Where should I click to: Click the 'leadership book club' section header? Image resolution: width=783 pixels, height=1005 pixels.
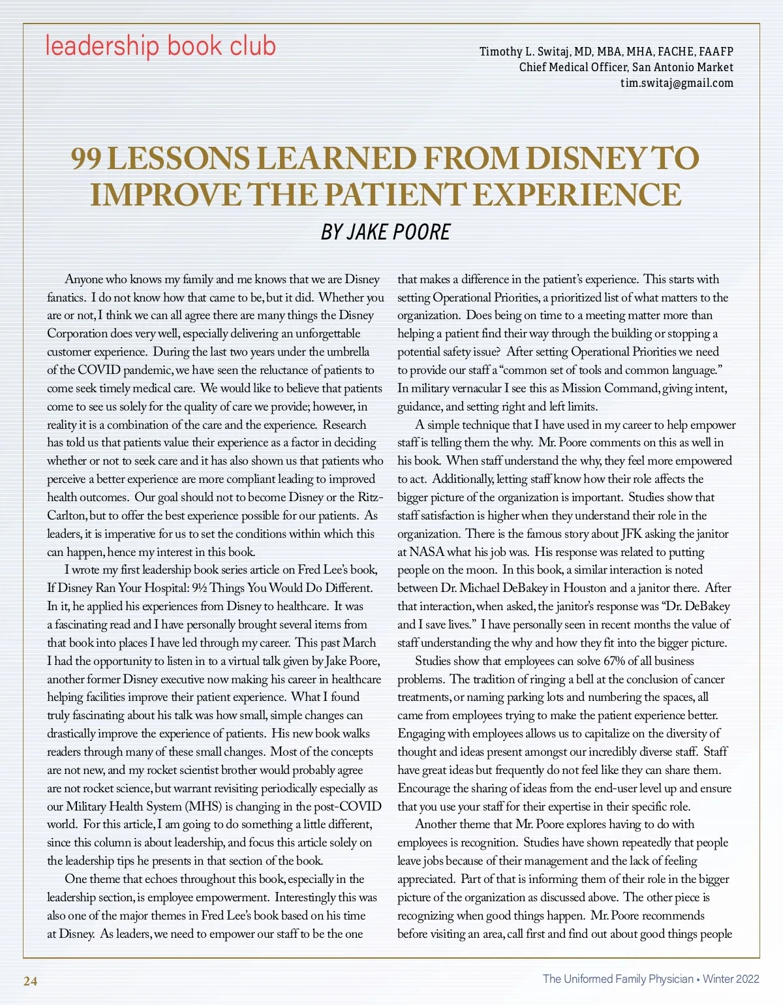(x=161, y=46)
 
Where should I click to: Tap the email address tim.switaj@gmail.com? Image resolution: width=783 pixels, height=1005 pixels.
(x=677, y=83)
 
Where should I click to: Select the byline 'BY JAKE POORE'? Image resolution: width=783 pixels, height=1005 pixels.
(x=386, y=232)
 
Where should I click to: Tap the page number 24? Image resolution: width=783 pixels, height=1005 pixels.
(x=30, y=981)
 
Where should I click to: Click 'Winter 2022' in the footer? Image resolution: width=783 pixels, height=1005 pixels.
(x=731, y=979)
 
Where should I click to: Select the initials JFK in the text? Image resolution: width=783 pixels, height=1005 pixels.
(x=632, y=534)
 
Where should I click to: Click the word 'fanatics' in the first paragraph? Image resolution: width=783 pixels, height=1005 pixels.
(x=67, y=298)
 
